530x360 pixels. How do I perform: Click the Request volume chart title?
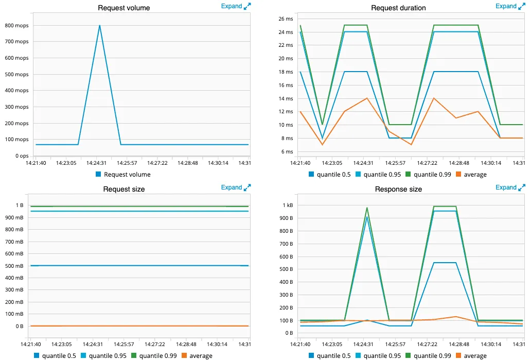pos(123,8)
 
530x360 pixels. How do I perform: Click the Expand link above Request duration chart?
pos(506,6)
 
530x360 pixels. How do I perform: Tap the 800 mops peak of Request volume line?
pos(99,26)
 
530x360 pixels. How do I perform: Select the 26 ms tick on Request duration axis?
pos(285,19)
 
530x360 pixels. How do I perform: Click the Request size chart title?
pos(123,189)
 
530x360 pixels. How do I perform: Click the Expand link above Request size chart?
pos(232,187)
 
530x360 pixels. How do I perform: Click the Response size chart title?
pos(398,189)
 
